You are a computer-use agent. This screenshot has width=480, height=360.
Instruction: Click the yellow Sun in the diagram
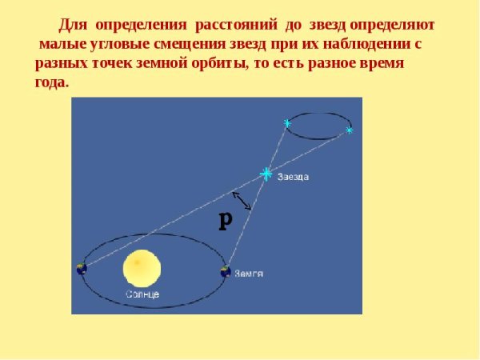(142, 269)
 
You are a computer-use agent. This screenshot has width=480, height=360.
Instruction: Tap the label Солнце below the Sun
(142, 294)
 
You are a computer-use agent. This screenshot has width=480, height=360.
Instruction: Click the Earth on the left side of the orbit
(81, 270)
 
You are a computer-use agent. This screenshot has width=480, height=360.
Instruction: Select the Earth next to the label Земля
(226, 272)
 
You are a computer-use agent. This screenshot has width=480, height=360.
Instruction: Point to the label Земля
(249, 273)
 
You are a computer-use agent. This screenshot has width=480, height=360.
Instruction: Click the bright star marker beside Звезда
(266, 174)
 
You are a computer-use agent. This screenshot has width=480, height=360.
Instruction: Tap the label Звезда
(293, 177)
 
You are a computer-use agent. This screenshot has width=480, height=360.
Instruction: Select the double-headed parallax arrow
(242, 200)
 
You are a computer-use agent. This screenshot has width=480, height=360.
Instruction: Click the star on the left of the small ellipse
(286, 122)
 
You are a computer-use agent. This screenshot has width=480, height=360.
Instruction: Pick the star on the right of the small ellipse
(349, 129)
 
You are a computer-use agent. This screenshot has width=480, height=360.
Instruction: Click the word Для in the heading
(74, 25)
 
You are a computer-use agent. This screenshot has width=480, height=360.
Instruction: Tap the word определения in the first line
(141, 25)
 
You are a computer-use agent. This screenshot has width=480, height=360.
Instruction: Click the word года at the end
(52, 82)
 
